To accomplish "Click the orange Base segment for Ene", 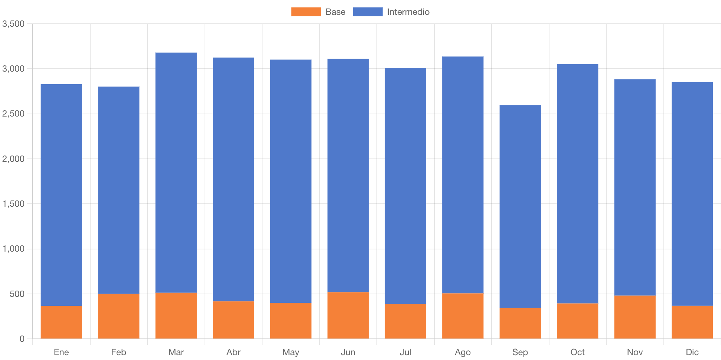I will click(61, 322).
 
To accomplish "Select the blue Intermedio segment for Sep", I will click(520, 206).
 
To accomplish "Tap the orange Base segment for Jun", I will click(348, 315).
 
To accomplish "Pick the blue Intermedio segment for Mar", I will click(176, 173).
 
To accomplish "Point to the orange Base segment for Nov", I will click(634, 317).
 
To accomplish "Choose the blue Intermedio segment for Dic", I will click(692, 194).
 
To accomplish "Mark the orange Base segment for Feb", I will click(119, 316).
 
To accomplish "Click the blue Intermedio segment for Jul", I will click(405, 186).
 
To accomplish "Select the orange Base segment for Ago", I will click(463, 316).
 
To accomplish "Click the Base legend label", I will click(335, 12).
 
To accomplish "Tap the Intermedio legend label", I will click(408, 12).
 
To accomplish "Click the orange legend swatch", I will click(306, 12).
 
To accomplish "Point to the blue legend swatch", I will click(367, 12).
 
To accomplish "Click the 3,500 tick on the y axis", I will click(13, 24).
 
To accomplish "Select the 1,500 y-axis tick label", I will click(13, 204).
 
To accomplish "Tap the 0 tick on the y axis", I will click(22, 339).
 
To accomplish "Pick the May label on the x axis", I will click(291, 352).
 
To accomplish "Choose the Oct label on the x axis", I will click(577, 352).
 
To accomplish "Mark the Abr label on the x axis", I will click(233, 352).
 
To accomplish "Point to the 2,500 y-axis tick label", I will click(13, 114).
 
